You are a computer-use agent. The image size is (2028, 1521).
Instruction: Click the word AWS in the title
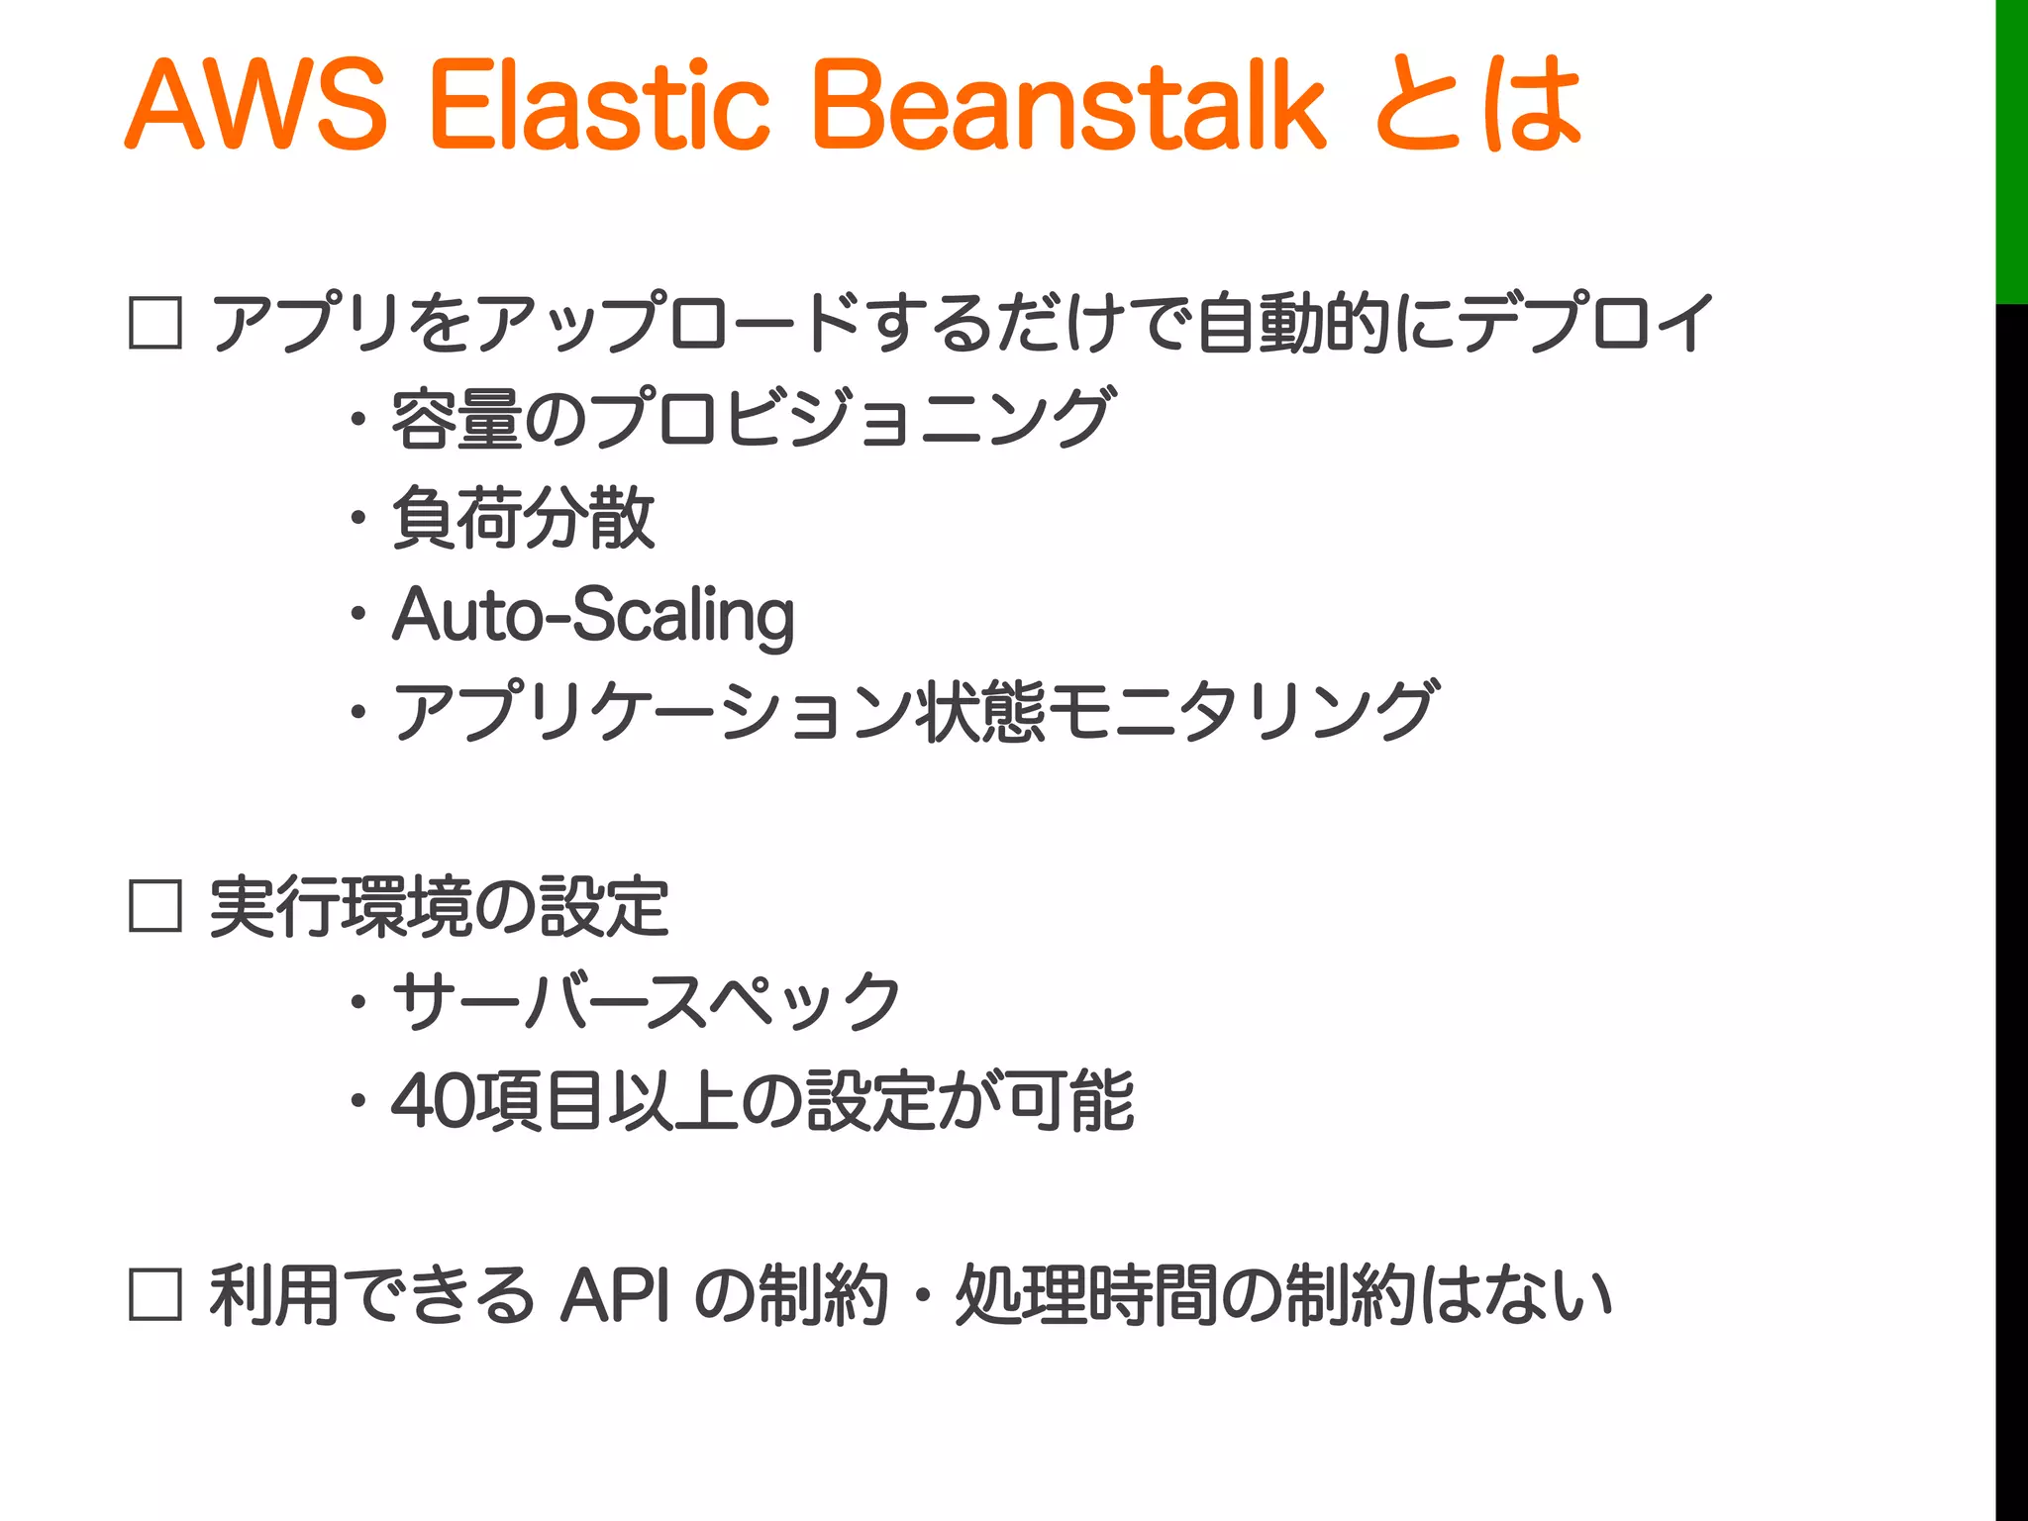(x=255, y=104)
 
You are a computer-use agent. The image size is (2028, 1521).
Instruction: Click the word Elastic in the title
(x=599, y=104)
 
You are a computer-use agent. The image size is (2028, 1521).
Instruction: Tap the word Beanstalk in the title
(x=1069, y=104)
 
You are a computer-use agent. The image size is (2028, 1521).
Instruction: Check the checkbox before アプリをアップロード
(x=155, y=323)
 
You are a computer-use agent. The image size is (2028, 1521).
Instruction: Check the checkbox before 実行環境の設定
(x=155, y=906)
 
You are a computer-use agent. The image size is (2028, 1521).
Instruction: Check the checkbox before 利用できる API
(x=155, y=1295)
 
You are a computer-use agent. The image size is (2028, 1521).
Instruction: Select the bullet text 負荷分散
(x=523, y=517)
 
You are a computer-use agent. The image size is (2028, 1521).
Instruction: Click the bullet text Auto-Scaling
(x=593, y=615)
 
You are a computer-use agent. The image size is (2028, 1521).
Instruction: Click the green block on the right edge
(x=2011, y=149)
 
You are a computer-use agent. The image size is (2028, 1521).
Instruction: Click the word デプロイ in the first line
(x=1584, y=323)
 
